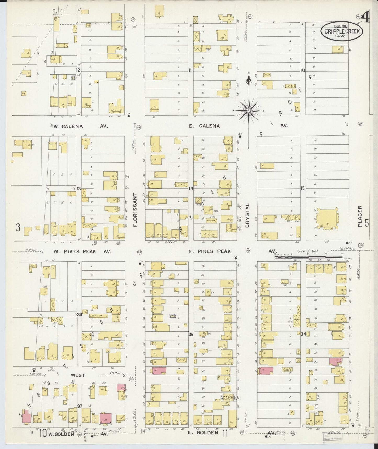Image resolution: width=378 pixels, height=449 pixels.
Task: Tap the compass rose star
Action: point(248,111)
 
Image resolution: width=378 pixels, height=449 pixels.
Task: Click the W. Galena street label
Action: point(68,126)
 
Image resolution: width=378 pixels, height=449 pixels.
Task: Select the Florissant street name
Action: point(135,210)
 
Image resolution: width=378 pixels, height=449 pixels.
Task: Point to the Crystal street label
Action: point(247,215)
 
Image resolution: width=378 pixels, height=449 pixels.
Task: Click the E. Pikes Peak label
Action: point(210,251)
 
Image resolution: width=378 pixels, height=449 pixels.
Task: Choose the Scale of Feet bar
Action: point(308,257)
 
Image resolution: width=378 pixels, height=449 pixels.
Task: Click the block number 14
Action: point(191,188)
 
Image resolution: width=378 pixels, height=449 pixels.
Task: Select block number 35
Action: point(191,335)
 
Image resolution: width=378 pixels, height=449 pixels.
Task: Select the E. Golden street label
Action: point(203,432)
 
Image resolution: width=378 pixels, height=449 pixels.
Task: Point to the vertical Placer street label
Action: point(360,216)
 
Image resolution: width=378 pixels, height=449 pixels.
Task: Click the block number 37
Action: point(80,406)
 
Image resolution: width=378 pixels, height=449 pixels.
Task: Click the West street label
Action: point(78,375)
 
